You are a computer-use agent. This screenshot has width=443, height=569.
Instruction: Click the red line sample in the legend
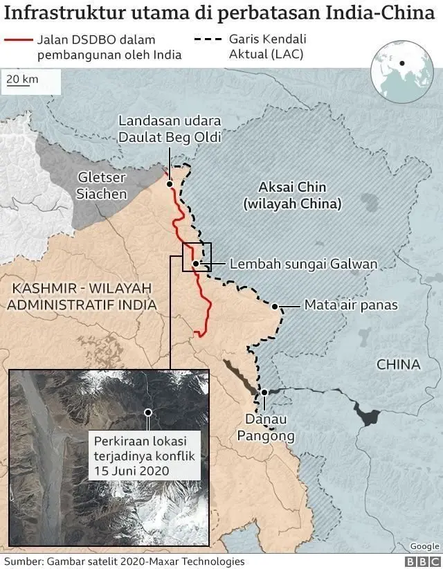(x=18, y=41)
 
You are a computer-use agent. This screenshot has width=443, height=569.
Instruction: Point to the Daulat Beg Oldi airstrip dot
(x=170, y=184)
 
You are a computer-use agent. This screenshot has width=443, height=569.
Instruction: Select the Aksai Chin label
(x=291, y=195)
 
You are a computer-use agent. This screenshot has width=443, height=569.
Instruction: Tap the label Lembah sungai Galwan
(x=303, y=264)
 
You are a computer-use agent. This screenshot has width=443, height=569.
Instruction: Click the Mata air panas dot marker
(x=275, y=306)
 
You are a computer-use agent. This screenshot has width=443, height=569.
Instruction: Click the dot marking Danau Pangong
(x=264, y=393)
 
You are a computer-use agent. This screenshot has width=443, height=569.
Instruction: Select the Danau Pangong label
(x=266, y=428)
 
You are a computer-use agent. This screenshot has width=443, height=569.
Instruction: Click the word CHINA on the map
(x=398, y=364)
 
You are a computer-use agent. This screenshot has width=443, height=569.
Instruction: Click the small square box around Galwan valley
(x=197, y=257)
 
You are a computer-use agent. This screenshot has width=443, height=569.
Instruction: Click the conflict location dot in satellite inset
(x=147, y=412)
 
